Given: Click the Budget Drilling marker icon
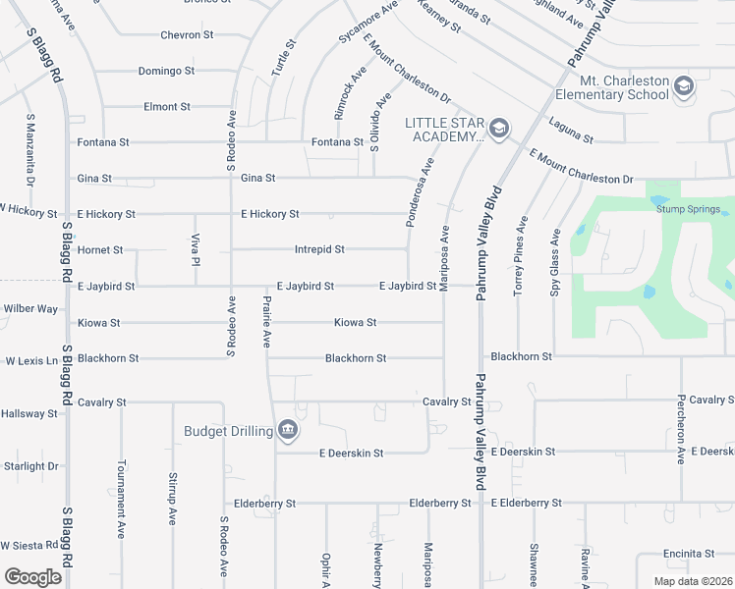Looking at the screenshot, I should point(287,429).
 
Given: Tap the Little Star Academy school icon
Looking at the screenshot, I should point(499,128).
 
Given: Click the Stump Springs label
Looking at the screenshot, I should point(694,209).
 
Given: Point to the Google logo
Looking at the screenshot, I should point(33,576).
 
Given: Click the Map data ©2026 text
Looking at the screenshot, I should point(693,581).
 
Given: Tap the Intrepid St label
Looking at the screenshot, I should point(319,249).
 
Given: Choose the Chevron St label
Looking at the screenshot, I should point(187,35).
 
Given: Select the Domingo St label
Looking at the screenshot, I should point(166,71).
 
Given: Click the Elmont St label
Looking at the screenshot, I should point(166,106).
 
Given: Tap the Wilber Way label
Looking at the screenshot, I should point(30,308).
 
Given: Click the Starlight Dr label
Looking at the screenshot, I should point(30,466).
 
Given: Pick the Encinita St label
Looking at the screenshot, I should point(687,553).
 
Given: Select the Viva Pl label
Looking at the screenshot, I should point(196,250).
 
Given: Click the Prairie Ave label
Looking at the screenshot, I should point(266,319).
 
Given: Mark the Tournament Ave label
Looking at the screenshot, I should point(121,512).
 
